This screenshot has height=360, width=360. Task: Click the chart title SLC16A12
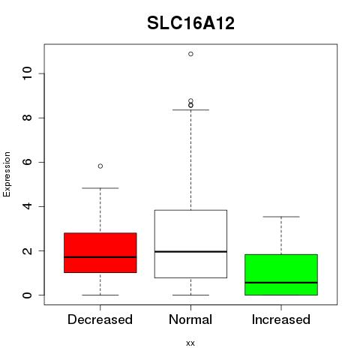[190, 23]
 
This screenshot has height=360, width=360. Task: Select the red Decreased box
[100, 253]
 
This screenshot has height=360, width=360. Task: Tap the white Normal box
[190, 244]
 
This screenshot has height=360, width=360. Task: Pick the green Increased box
[281, 274]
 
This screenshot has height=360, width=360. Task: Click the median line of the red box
[100, 257]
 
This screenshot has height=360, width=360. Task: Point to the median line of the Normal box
[190, 251]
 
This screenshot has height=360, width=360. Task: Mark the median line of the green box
[281, 283]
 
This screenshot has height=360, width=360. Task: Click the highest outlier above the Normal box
[190, 54]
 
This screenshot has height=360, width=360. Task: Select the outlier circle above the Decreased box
[100, 166]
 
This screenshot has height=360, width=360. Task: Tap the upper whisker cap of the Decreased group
[100, 188]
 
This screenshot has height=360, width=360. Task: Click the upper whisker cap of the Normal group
[190, 109]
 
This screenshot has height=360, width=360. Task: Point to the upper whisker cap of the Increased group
[281, 217]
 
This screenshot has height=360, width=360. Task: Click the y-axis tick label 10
[28, 73]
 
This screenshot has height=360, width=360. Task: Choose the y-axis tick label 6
[28, 162]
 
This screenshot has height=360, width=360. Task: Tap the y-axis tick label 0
[28, 295]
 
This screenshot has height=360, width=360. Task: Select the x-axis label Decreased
[100, 319]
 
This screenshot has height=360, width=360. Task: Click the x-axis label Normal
[190, 319]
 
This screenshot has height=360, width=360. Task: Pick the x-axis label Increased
[281, 319]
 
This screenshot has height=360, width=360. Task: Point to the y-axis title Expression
[7, 174]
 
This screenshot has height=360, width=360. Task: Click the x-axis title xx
[190, 343]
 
